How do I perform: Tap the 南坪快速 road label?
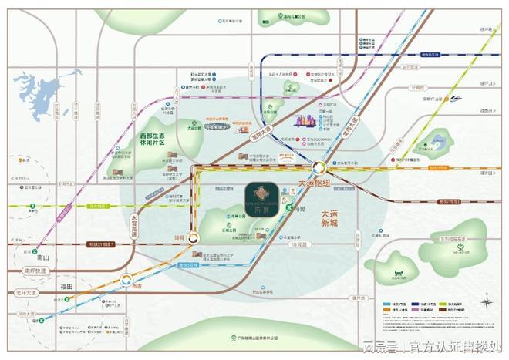coord(35,271)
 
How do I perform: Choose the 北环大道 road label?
coord(26,294)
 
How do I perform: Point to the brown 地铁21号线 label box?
coord(100,244)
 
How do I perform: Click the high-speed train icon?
coord(454,99)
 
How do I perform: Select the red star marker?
coord(330,80)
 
